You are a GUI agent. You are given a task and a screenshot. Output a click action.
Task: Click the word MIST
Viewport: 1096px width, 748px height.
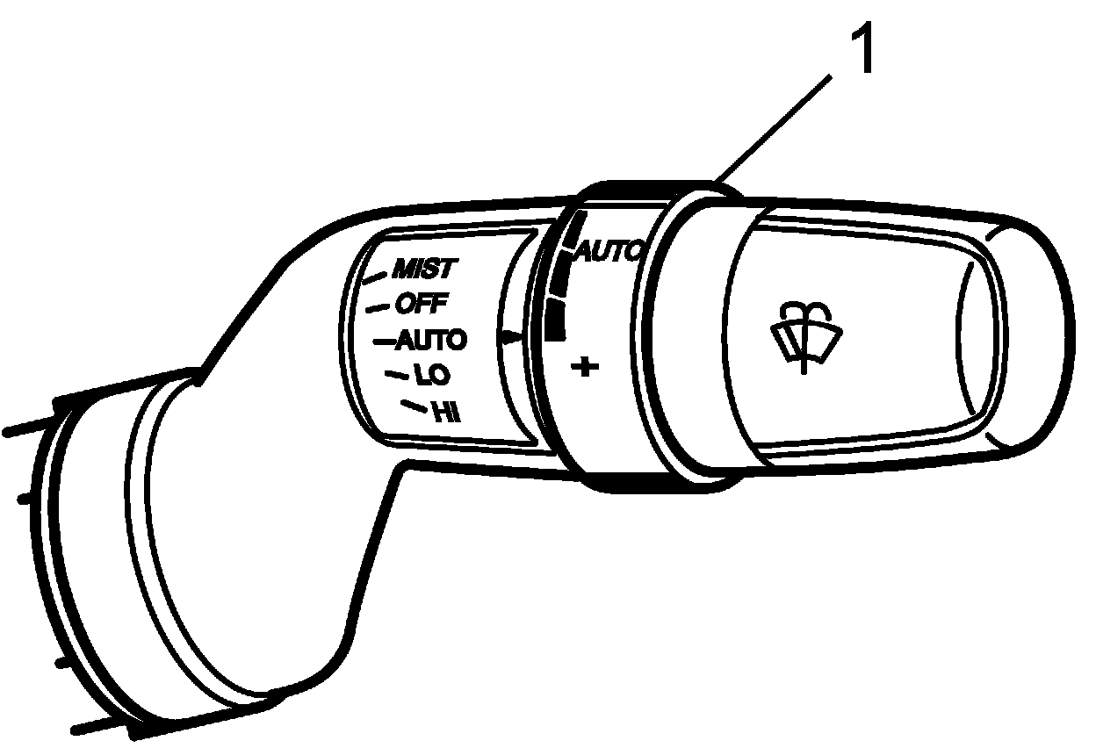[424, 268]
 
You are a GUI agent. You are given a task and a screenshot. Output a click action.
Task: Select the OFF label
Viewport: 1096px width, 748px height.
[422, 304]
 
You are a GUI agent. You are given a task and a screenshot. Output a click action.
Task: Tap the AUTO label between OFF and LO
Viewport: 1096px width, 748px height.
[431, 339]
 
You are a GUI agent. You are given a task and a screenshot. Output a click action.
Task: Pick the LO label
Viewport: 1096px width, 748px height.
[432, 376]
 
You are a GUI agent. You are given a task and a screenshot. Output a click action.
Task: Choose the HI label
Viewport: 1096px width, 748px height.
[448, 412]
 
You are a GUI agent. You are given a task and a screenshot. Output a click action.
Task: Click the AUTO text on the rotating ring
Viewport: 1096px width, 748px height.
[609, 253]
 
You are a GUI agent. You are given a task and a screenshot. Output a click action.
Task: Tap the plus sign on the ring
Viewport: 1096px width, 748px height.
[584, 366]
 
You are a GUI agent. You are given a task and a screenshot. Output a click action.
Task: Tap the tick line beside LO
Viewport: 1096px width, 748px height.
[397, 375]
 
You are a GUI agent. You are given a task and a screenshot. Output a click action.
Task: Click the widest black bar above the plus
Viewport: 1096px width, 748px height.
[552, 320]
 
